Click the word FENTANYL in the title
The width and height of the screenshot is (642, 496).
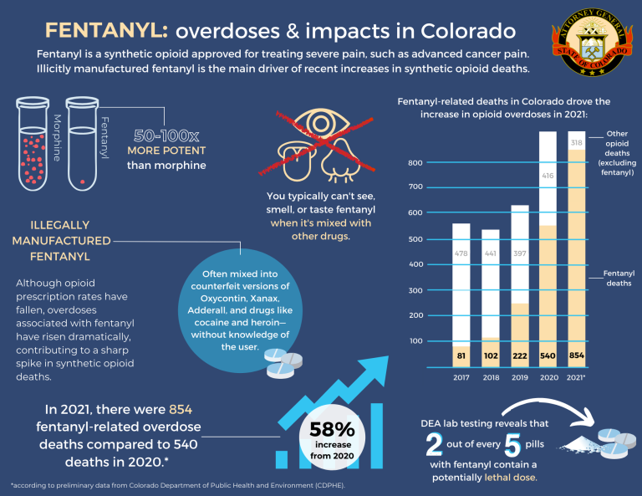point(105,32)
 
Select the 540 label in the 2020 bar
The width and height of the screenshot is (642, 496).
point(548,356)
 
